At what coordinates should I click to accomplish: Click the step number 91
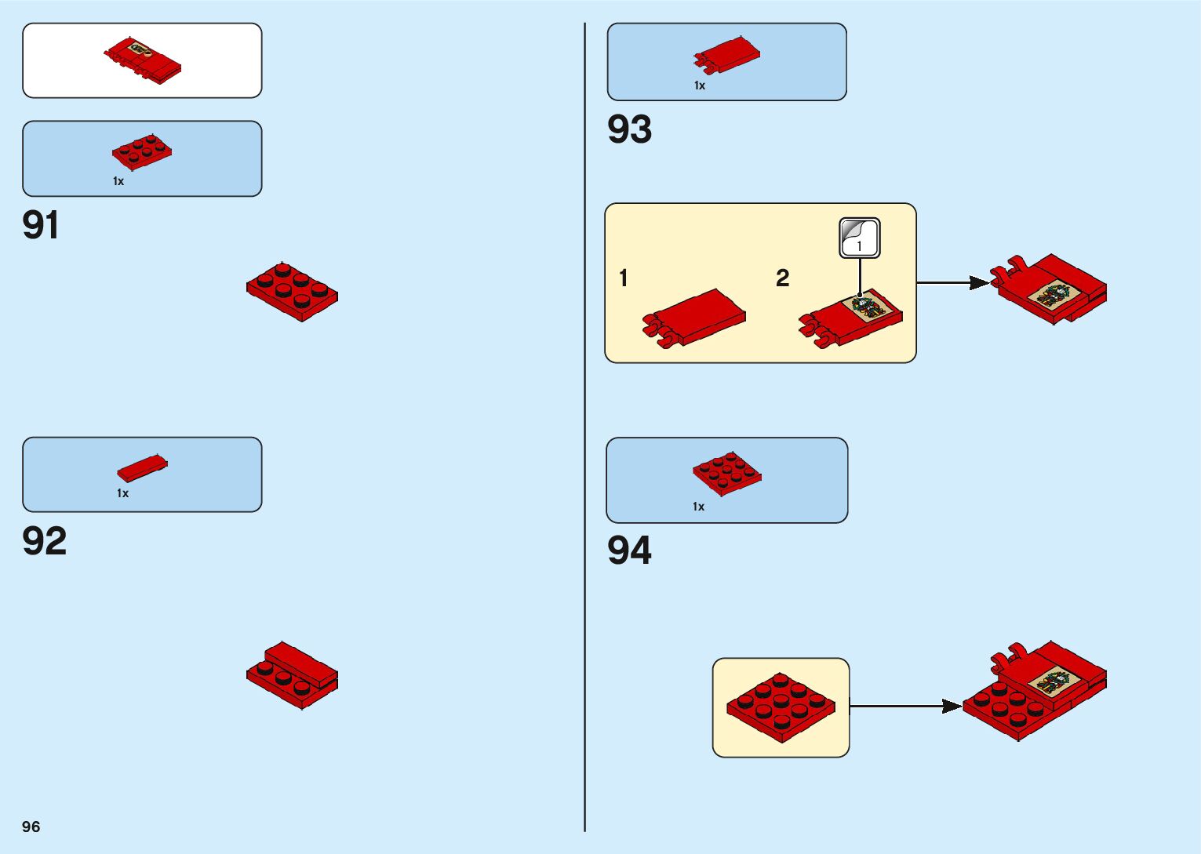[x=41, y=225]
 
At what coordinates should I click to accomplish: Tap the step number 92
[x=45, y=541]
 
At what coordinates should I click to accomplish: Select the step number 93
[x=629, y=129]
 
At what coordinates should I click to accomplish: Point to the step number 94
[x=629, y=551]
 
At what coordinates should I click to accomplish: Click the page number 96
[x=31, y=827]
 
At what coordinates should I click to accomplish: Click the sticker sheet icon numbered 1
[x=860, y=238]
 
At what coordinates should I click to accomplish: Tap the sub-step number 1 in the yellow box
[x=624, y=278]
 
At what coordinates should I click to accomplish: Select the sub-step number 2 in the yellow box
[x=782, y=278]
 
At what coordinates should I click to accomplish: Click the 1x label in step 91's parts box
[x=118, y=181]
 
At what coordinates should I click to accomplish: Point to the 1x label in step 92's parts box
[x=122, y=493]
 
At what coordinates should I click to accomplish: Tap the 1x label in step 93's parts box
[x=700, y=85]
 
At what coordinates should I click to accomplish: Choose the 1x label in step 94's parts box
[x=698, y=507]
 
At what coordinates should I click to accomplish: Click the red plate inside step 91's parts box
[x=142, y=151]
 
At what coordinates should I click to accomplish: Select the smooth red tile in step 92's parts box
[x=142, y=467]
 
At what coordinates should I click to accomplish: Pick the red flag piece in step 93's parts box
[x=726, y=55]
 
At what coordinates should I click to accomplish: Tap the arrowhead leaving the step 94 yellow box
[x=952, y=707]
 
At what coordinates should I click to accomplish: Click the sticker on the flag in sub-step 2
[x=869, y=305]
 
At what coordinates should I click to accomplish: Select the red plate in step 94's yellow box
[x=781, y=707]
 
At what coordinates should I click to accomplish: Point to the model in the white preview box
[x=143, y=60]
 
